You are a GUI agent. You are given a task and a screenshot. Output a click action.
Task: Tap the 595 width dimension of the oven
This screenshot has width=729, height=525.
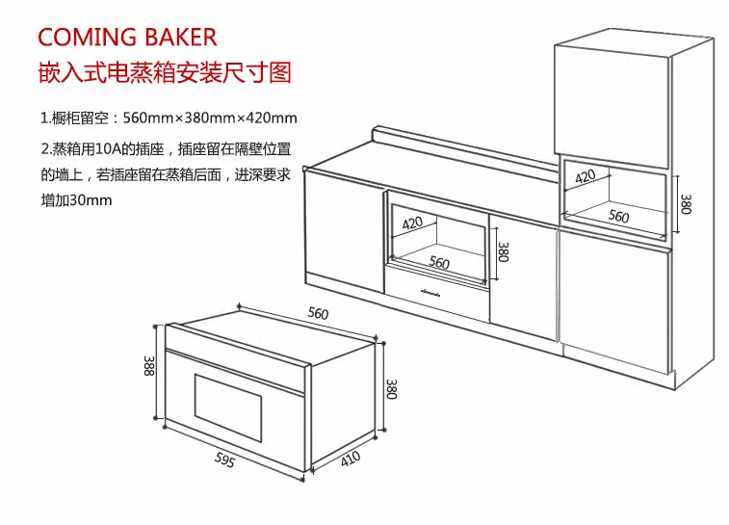(x=224, y=459)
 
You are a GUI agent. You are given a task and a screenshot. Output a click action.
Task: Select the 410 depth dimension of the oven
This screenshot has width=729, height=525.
(x=351, y=459)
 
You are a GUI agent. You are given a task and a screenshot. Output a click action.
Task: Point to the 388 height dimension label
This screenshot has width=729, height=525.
(x=148, y=366)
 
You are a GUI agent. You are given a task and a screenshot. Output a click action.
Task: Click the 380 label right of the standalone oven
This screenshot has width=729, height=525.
(x=392, y=389)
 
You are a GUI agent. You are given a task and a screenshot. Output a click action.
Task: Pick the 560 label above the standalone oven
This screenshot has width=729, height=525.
(x=318, y=313)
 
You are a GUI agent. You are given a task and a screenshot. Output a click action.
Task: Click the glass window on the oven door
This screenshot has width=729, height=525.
(x=228, y=408)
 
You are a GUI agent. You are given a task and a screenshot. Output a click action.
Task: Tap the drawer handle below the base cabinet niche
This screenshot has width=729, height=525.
(x=430, y=293)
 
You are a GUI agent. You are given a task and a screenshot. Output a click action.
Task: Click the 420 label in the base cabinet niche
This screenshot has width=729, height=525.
(x=412, y=223)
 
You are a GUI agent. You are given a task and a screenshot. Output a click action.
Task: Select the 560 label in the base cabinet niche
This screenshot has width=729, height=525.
(x=439, y=263)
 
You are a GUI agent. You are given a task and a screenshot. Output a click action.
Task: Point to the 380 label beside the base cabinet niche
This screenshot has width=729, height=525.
(x=503, y=251)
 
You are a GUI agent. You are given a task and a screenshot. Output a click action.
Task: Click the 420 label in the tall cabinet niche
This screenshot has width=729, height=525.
(x=585, y=176)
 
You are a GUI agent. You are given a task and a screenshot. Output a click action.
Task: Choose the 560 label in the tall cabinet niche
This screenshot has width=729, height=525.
(x=618, y=216)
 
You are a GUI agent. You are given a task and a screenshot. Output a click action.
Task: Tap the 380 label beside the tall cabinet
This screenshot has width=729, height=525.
(x=687, y=204)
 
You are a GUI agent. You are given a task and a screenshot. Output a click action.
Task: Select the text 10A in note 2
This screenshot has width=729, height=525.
(x=108, y=149)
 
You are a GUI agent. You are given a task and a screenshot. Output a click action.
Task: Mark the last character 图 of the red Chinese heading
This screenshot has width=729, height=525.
(x=280, y=73)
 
